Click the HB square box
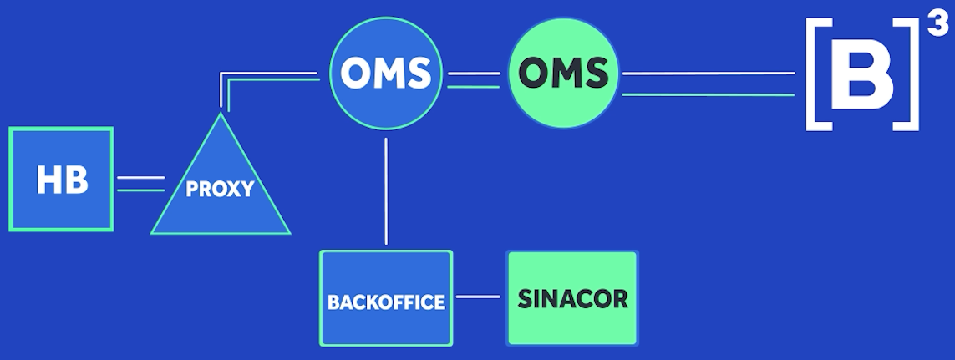(61, 179)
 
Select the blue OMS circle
(385, 74)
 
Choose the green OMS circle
(563, 74)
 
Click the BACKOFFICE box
(386, 298)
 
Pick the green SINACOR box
(572, 298)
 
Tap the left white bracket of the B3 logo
(817, 74)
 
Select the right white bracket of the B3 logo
(907, 74)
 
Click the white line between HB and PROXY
(140, 178)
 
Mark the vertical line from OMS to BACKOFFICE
(386, 191)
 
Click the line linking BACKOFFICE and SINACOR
(478, 297)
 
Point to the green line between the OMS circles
(473, 87)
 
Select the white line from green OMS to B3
(709, 74)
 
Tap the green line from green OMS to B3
(709, 94)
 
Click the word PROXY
(220, 189)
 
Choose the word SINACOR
(572, 298)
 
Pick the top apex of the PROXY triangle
(221, 114)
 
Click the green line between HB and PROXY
(140, 190)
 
